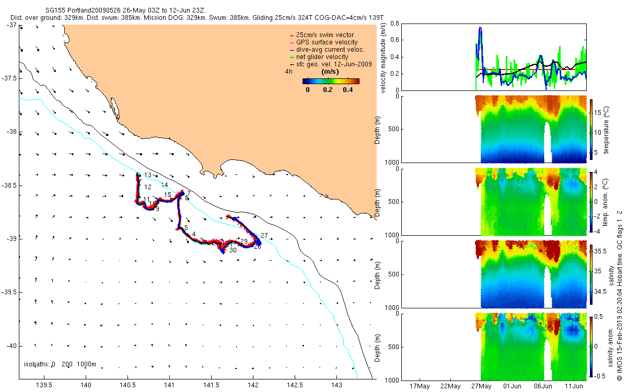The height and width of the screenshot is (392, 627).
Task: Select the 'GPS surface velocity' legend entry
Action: coord(327,42)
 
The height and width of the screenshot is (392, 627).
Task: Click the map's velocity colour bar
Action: coord(331,81)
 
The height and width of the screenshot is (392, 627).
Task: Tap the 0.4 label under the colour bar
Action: coord(347,90)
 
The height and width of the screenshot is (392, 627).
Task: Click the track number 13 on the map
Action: coord(148,175)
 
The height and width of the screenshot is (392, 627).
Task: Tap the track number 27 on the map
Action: coord(264,235)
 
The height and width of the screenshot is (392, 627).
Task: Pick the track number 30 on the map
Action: coord(233,250)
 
